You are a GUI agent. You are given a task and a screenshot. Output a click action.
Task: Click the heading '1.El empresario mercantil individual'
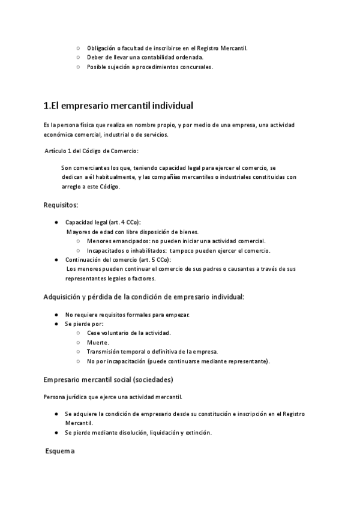tap(118, 106)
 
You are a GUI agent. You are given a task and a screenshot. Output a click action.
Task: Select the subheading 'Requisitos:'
tap(61, 205)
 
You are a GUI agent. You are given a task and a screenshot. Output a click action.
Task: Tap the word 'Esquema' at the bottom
tap(60, 451)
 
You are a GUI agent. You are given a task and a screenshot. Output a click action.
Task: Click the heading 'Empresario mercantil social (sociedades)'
tap(109, 380)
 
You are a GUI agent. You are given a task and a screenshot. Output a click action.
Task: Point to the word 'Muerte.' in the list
tap(98, 342)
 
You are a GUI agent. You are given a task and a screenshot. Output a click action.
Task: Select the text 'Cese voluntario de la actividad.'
tap(129, 333)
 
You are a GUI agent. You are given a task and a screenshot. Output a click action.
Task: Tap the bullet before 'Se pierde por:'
tap(56, 324)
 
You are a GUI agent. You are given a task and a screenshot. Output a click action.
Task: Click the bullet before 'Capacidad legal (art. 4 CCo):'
tap(56, 222)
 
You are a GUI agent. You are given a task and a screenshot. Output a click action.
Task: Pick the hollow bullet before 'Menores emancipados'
tap(78, 241)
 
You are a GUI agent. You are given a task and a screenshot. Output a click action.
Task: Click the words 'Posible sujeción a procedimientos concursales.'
tap(149, 67)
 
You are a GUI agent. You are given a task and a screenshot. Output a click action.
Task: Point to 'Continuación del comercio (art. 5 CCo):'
tap(118, 259)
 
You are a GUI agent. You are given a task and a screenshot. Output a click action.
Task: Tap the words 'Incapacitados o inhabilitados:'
tap(126, 250)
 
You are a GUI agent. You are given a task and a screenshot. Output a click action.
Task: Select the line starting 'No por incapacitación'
tap(178, 361)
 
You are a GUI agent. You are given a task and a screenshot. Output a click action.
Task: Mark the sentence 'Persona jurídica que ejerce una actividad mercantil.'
tap(113, 397)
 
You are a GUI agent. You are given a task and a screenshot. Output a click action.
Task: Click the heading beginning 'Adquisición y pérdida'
tap(144, 297)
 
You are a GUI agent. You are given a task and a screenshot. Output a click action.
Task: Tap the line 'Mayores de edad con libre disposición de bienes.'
tap(133, 232)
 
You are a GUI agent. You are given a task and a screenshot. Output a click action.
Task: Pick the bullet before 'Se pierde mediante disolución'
tap(56, 432)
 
